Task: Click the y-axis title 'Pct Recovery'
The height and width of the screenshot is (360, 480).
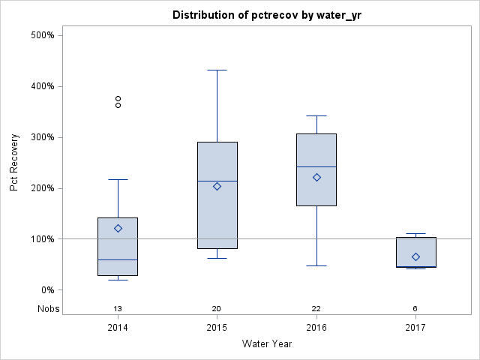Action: (14, 163)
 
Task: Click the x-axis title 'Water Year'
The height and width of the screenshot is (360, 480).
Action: (267, 344)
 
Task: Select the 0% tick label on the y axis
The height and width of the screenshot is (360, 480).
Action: (47, 290)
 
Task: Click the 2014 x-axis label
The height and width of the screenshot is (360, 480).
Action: (118, 328)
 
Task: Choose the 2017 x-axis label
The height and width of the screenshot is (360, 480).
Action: (415, 328)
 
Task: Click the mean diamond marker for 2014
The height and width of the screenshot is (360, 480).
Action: (118, 228)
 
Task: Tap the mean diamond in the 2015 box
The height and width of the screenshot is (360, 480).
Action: (217, 186)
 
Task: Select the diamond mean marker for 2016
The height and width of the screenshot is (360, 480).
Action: (316, 177)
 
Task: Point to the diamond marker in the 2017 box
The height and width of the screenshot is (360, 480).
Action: (415, 256)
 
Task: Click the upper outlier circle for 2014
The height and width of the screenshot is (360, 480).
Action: (118, 98)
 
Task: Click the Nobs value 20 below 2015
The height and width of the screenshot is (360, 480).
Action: (217, 309)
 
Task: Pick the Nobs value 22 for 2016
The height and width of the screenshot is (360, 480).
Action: (316, 309)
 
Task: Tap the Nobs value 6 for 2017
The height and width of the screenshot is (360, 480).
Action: (415, 309)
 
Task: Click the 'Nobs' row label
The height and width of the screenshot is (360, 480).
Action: (47, 309)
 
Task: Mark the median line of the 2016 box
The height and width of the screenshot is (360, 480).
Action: (316, 166)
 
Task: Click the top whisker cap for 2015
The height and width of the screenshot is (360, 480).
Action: (217, 70)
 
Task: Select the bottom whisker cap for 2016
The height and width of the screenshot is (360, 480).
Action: (316, 265)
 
